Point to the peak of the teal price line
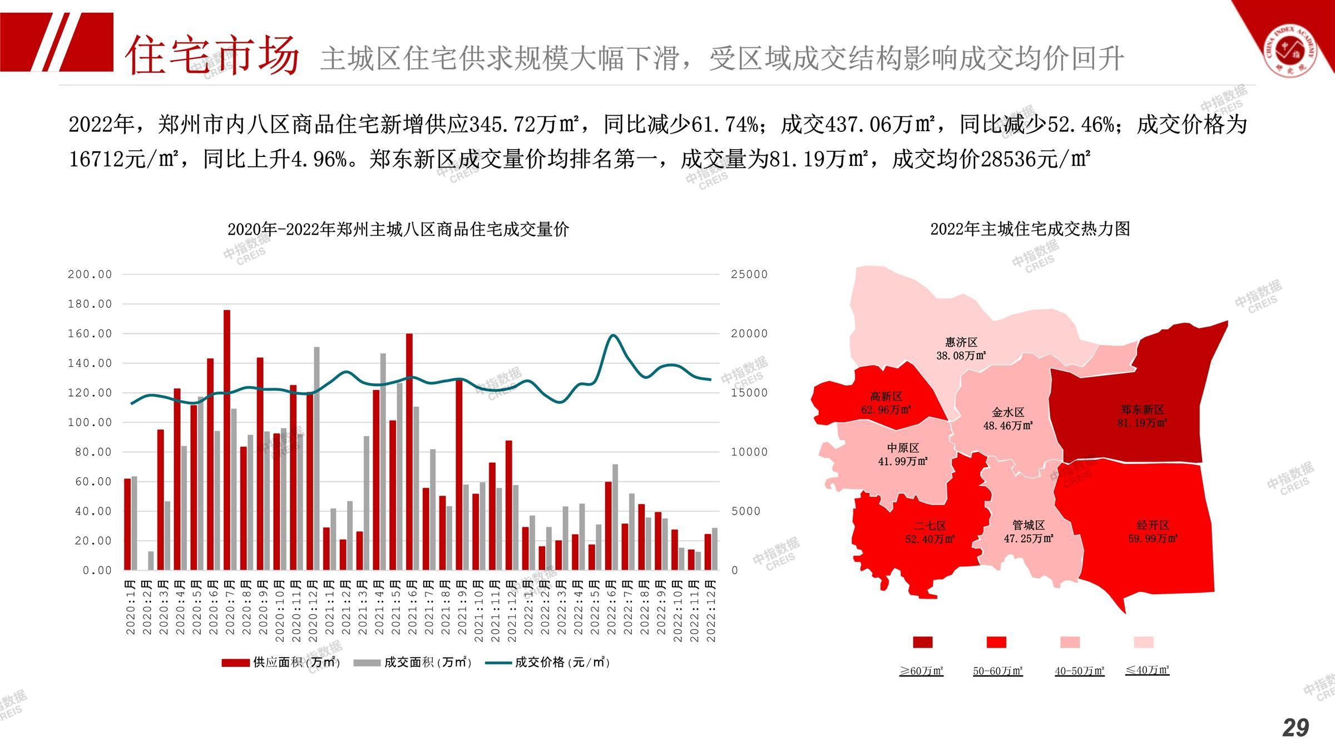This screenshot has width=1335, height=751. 612,335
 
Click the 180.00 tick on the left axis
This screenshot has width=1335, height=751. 90,304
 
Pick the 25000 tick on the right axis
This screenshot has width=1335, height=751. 749,274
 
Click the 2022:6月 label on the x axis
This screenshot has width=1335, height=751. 611,611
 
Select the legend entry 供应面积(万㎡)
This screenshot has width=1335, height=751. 281,663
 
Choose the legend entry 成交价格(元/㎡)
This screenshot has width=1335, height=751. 548,663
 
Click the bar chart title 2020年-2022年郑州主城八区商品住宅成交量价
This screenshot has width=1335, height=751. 398,229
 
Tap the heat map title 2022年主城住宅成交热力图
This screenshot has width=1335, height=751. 1030,229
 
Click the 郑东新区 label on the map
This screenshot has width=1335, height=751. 1143,410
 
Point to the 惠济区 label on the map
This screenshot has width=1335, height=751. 961,342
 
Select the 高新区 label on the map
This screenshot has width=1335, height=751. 886,397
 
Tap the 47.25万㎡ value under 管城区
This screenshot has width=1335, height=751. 1029,538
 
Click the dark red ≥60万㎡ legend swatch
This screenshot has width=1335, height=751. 923,643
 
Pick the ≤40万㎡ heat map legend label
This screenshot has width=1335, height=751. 1147,670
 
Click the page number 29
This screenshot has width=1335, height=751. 1296,728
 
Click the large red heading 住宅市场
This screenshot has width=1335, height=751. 212,55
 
